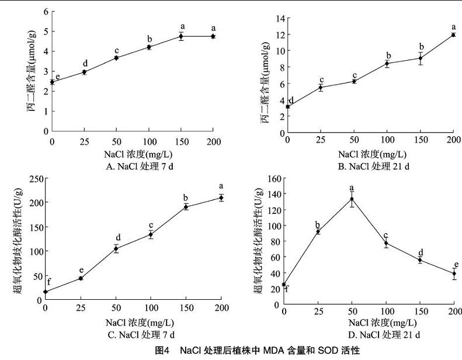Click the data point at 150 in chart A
click(181, 36)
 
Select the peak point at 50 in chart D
click(352, 199)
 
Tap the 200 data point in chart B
click(453, 35)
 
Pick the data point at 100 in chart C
click(151, 234)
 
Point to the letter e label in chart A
click(57, 77)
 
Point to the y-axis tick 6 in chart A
click(46, 12)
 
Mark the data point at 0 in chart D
click(284, 285)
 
